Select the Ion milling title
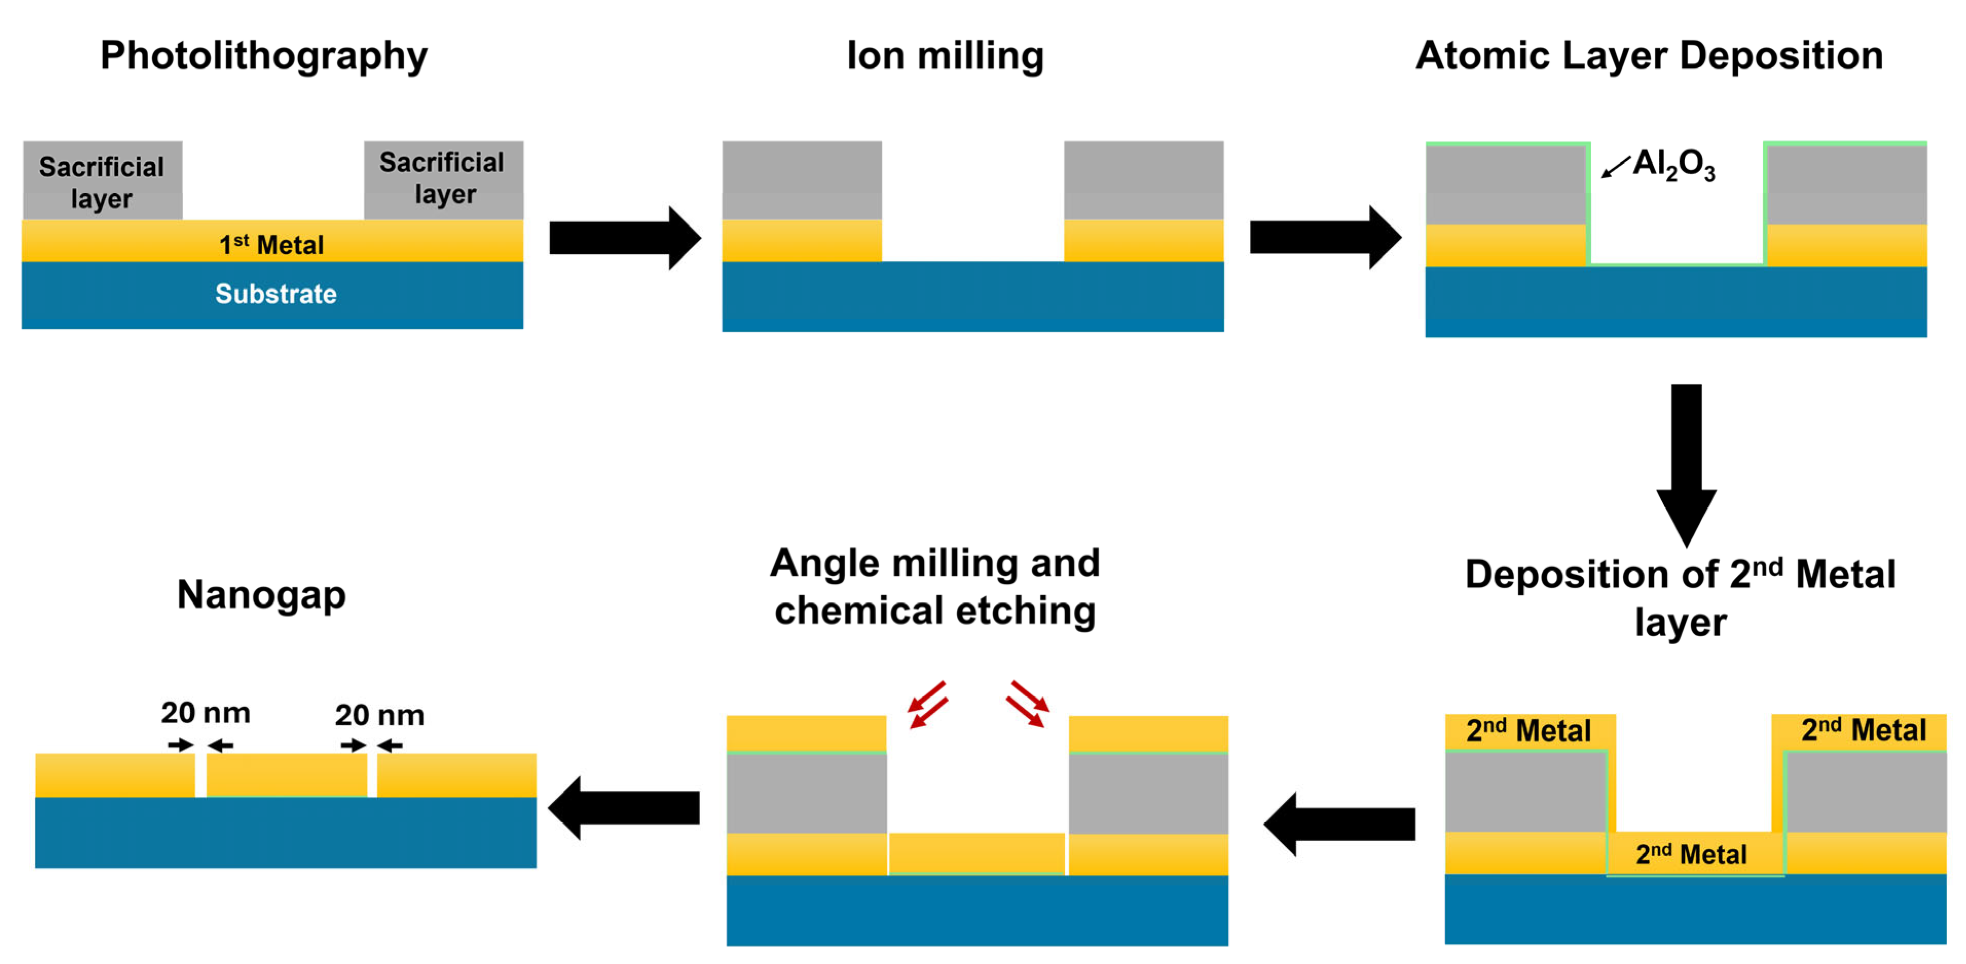[945, 55]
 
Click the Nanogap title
[261, 594]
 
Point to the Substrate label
[276, 294]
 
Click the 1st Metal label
[271, 245]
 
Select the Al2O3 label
[1673, 164]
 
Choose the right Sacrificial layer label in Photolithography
[443, 178]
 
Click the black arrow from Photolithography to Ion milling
[624, 237]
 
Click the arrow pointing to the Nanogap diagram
[624, 808]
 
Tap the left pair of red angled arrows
[928, 704]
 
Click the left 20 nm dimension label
[205, 713]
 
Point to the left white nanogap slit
[200, 776]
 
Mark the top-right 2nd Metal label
[1863, 730]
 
